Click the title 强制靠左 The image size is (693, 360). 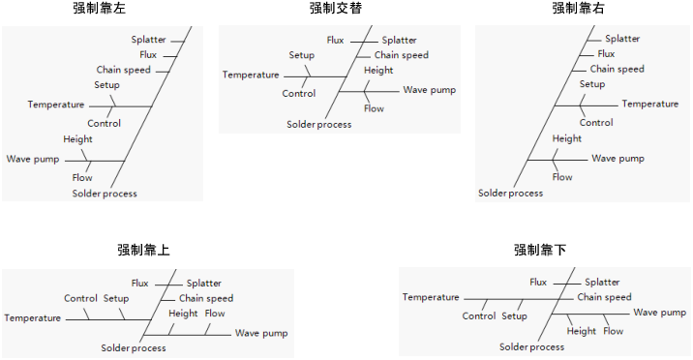point(100,9)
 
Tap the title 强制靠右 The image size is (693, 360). point(578,9)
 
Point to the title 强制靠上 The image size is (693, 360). point(143,250)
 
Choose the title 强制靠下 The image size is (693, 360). point(540,250)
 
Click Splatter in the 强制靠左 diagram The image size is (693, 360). point(149,40)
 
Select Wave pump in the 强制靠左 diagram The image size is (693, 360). point(33,159)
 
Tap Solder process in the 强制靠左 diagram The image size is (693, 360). point(105,194)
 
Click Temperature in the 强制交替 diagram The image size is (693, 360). point(251,75)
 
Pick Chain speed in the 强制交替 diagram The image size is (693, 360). point(402,55)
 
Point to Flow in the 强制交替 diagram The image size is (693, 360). point(374,108)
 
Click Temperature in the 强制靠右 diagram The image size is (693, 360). point(650,104)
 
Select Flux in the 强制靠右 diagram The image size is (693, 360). point(606,54)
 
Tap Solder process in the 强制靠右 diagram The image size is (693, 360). point(511,194)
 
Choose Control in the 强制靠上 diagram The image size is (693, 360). point(80,298)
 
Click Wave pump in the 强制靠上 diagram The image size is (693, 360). point(261,333)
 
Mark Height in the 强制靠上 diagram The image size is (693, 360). point(183,314)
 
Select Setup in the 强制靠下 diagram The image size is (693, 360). point(514,316)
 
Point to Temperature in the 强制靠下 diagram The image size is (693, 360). point(431,297)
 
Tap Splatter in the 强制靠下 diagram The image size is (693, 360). point(602,283)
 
